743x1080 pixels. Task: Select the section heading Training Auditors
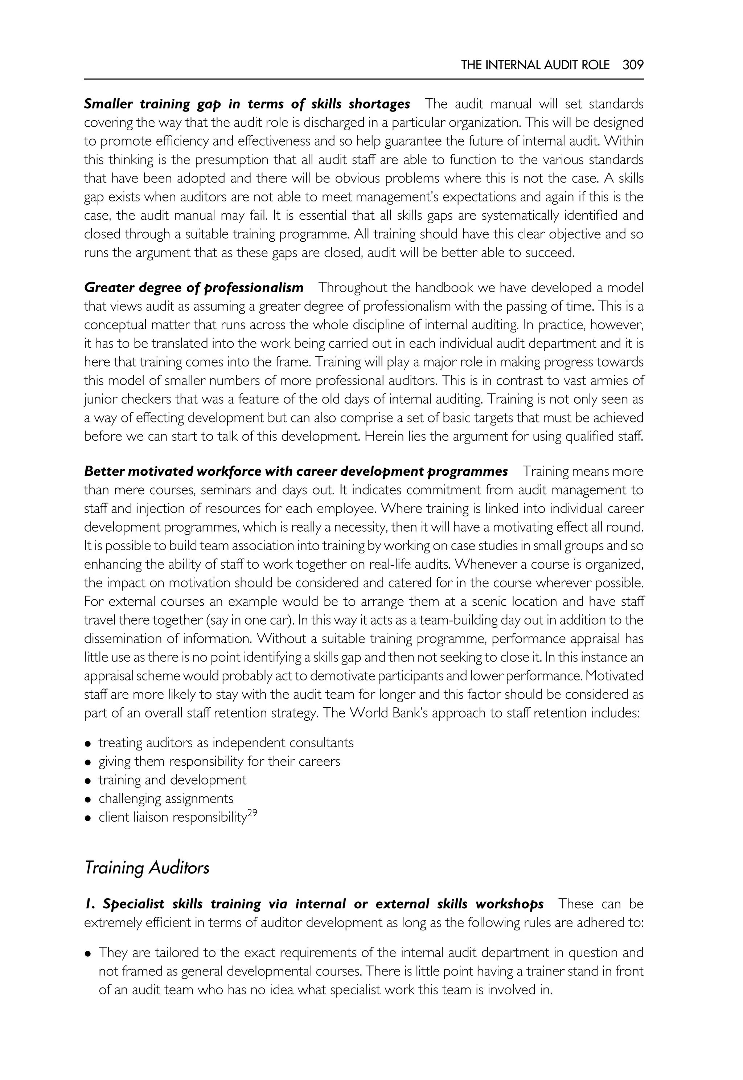tap(147, 868)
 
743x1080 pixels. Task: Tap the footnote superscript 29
tap(252, 813)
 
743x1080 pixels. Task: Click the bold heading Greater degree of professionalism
tap(194, 288)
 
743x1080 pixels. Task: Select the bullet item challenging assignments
tap(166, 799)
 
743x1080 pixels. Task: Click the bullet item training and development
tap(172, 780)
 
